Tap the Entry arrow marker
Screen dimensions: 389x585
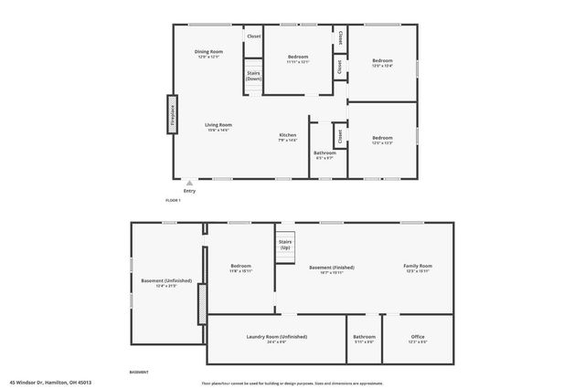pyautogui.click(x=189, y=182)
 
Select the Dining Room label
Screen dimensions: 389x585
pyautogui.click(x=208, y=52)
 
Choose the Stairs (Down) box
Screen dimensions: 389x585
pyautogui.click(x=253, y=77)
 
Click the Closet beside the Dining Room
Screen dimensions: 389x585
pyautogui.click(x=253, y=36)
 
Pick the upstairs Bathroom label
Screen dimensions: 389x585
pyautogui.click(x=325, y=153)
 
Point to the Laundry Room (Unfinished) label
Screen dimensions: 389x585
pyautogui.click(x=276, y=337)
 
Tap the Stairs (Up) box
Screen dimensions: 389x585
pyautogui.click(x=285, y=246)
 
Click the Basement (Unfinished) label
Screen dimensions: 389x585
pyautogui.click(x=166, y=281)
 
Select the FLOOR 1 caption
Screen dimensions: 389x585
pyautogui.click(x=173, y=200)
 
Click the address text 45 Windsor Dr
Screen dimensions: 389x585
pyautogui.click(x=50, y=383)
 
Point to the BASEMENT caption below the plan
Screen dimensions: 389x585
pyautogui.click(x=139, y=373)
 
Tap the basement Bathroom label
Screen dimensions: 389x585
pyautogui.click(x=364, y=337)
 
